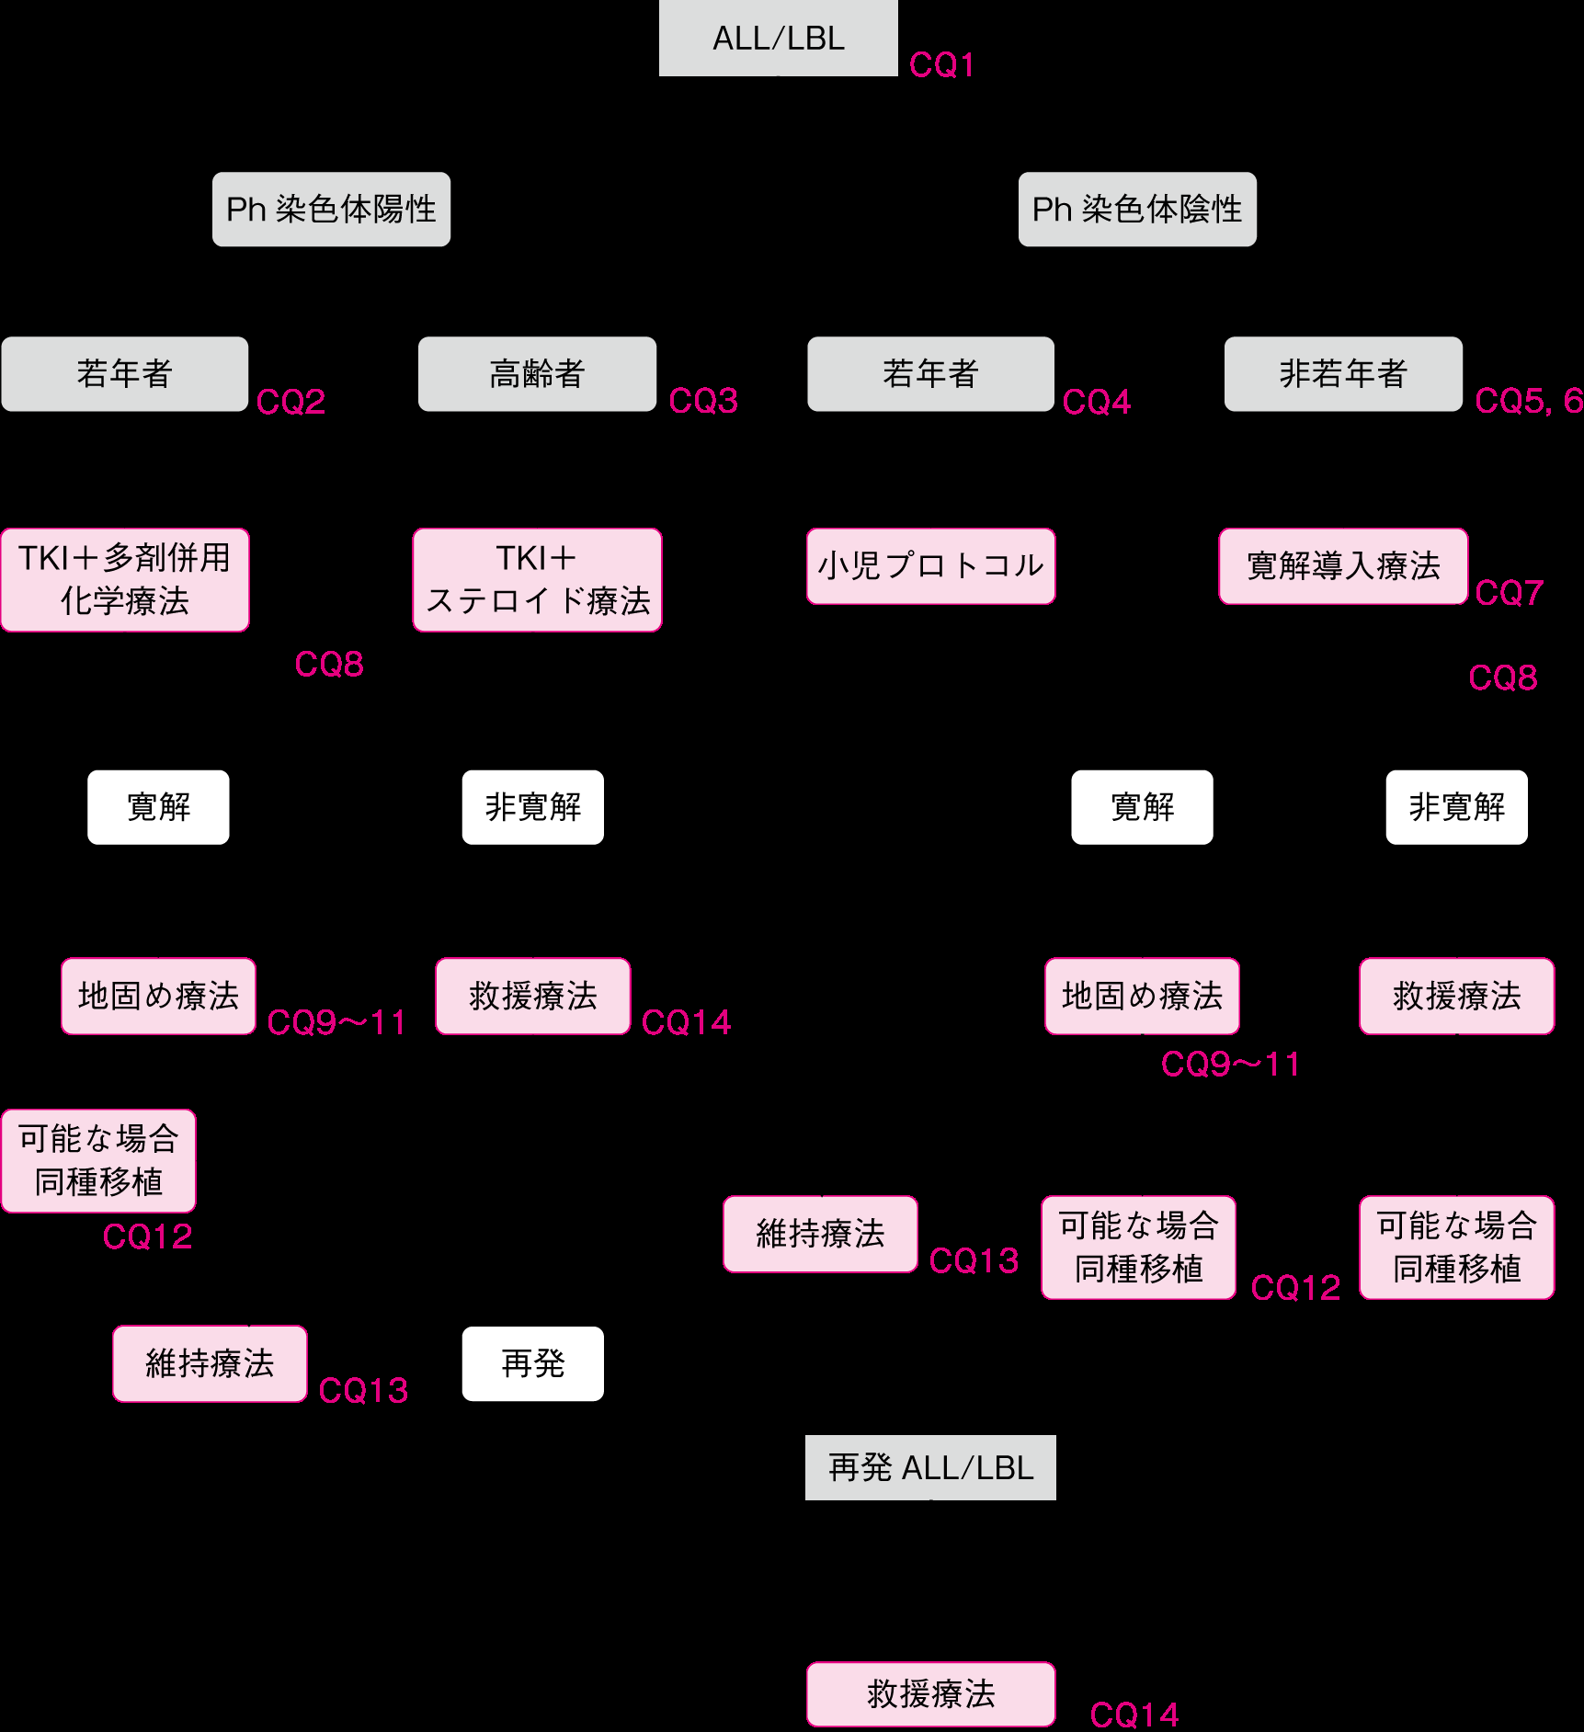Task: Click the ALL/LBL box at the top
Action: tap(778, 38)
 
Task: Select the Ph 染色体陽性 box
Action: tap(331, 209)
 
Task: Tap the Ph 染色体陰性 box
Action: tap(1137, 209)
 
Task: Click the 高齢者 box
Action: tap(537, 373)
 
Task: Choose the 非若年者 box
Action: tap(1343, 373)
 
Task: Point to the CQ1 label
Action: tap(941, 65)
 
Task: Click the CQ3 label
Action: tap(703, 401)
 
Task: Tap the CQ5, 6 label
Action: tap(1528, 401)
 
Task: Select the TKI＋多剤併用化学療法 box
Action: tap(125, 579)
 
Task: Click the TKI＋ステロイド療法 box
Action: tap(537, 579)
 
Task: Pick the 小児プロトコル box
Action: tap(930, 565)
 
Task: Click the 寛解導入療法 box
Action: tap(1343, 565)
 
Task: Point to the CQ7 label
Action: tap(1509, 593)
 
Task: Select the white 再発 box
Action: tap(532, 1363)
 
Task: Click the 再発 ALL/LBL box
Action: tap(930, 1467)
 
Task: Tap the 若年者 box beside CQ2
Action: tap(125, 373)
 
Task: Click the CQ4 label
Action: tap(1097, 402)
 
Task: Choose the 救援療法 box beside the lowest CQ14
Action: tap(930, 1693)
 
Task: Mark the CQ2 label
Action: tap(291, 402)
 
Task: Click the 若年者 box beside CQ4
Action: tap(930, 373)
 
